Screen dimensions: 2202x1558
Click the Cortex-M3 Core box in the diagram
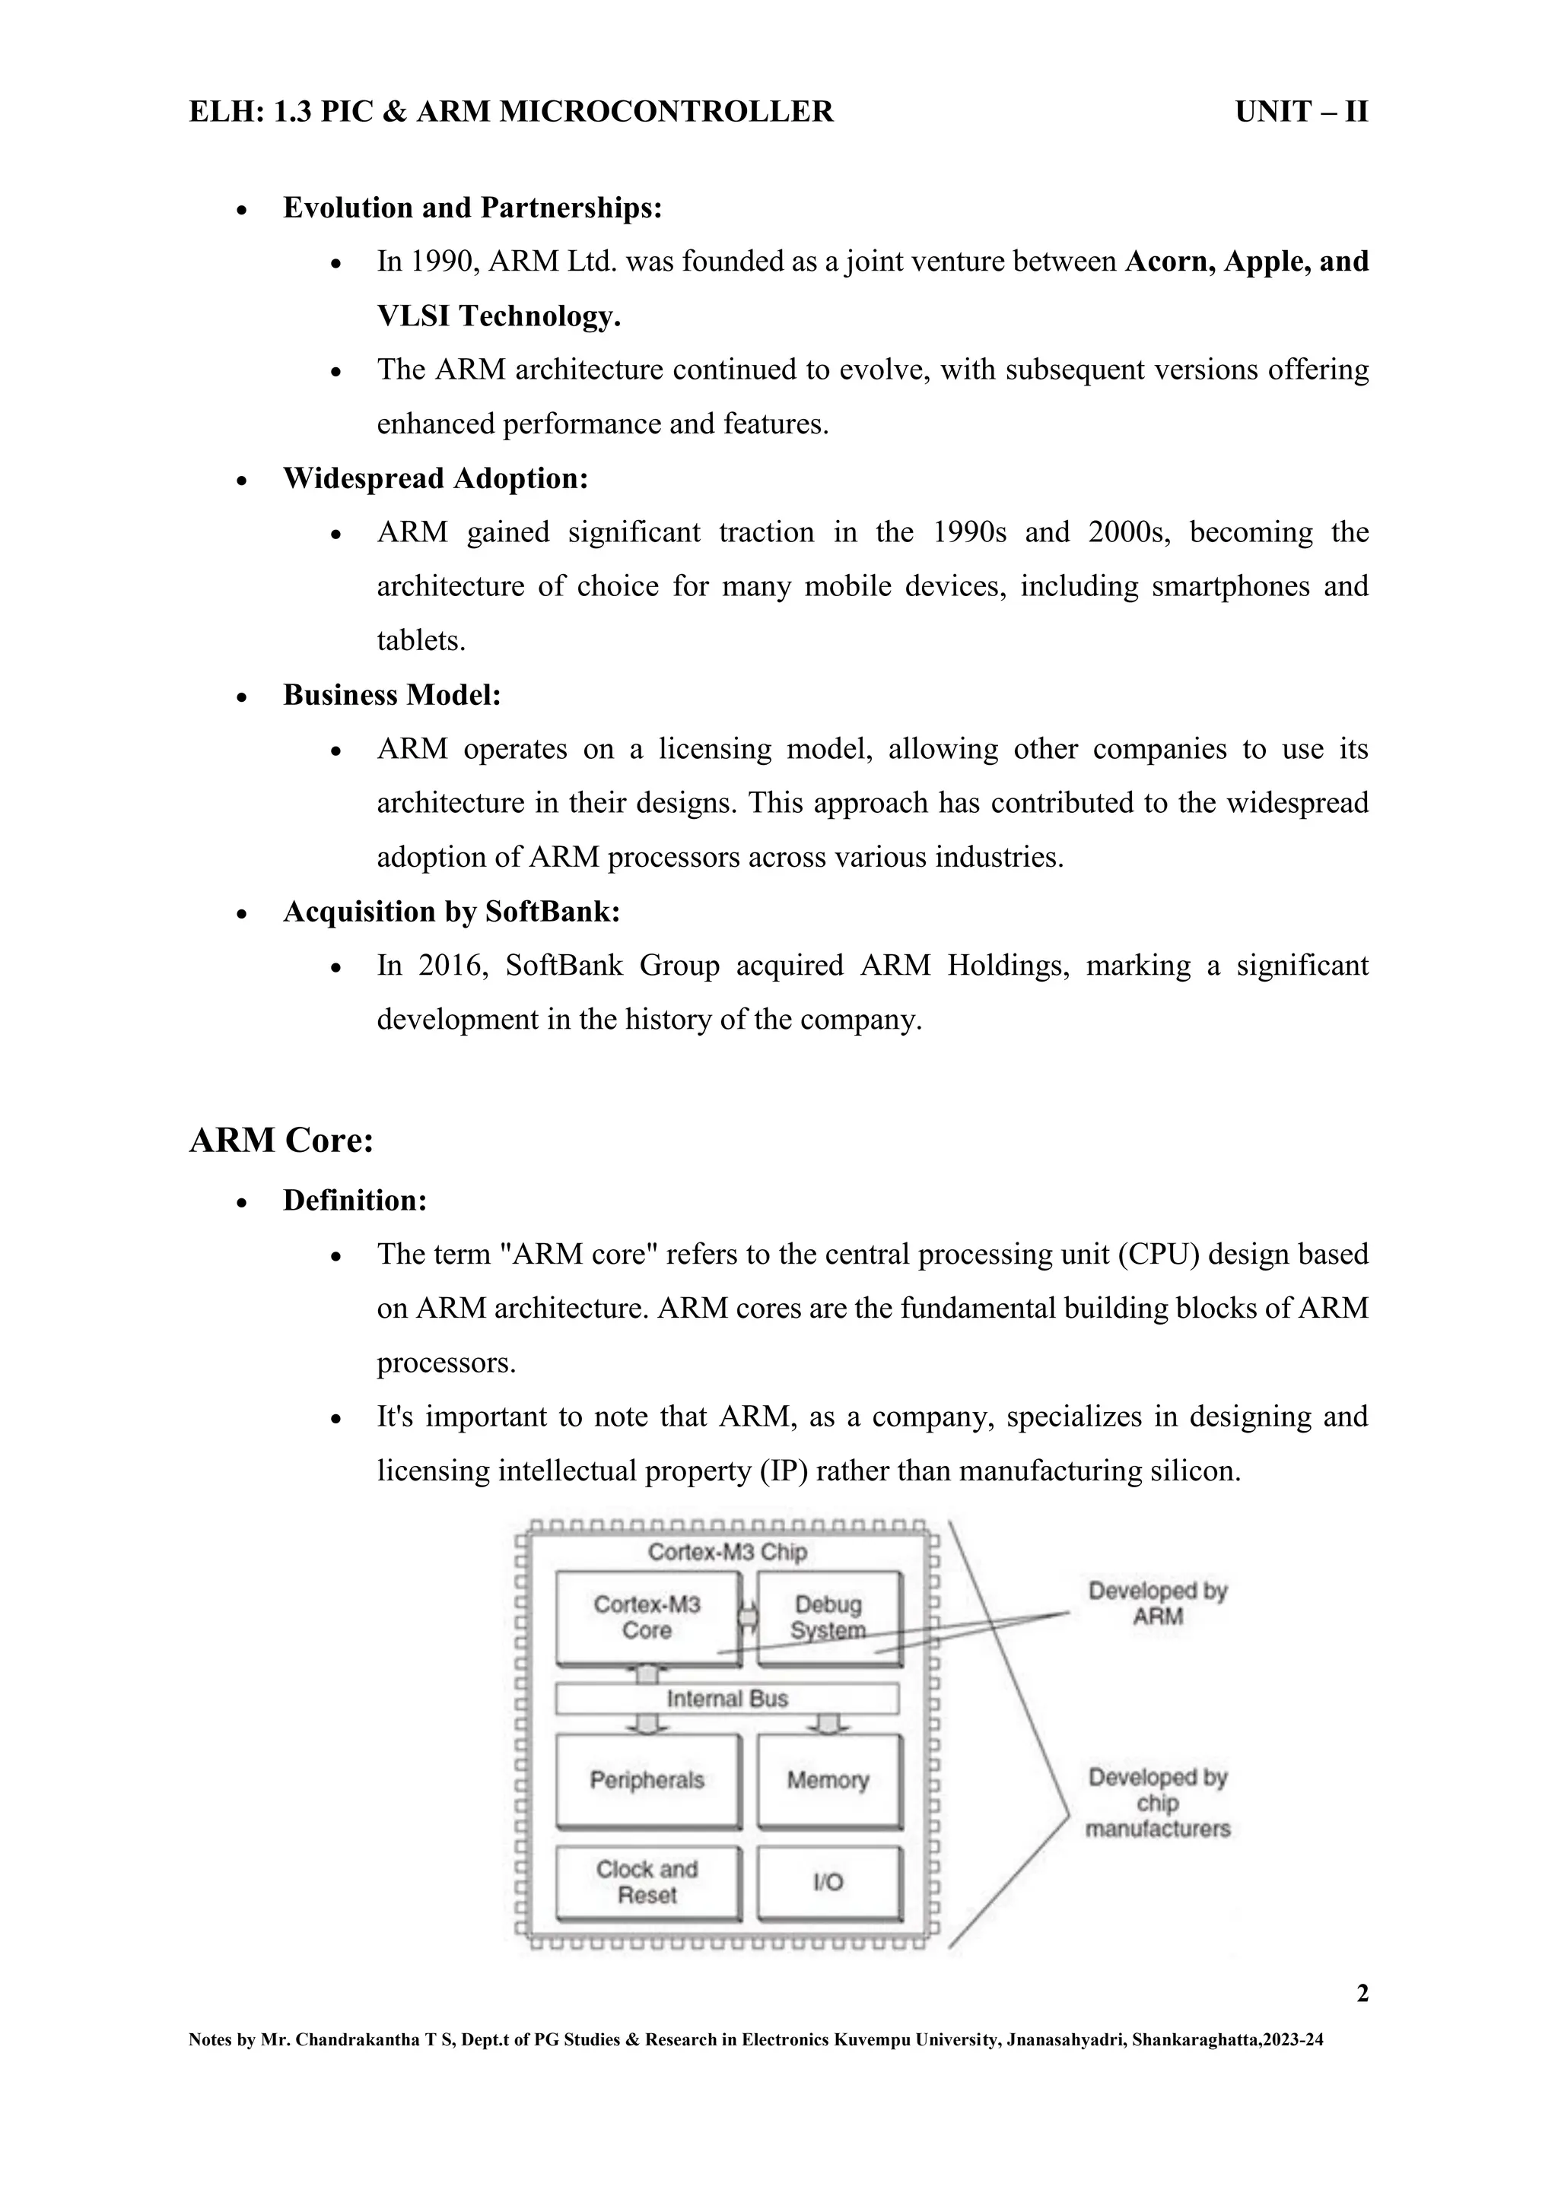647,1617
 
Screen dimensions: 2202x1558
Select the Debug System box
829,1617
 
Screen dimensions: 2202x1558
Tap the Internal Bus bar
727,1699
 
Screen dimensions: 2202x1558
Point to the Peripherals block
647,1780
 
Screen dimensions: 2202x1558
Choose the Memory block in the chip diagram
829,1780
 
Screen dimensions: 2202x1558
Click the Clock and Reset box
647,1882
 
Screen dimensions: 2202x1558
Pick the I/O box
829,1882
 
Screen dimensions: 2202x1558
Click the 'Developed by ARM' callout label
1157,1604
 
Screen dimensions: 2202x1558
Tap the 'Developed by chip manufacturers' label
1157,1803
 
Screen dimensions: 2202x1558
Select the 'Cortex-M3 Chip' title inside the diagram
727,1552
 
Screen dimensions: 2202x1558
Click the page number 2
1361,1995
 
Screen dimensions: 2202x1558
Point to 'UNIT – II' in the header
1301,113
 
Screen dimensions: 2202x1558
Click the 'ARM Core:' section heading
281,1141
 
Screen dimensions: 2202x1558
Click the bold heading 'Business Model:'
392,694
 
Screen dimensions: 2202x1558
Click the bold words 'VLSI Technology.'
499,316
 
